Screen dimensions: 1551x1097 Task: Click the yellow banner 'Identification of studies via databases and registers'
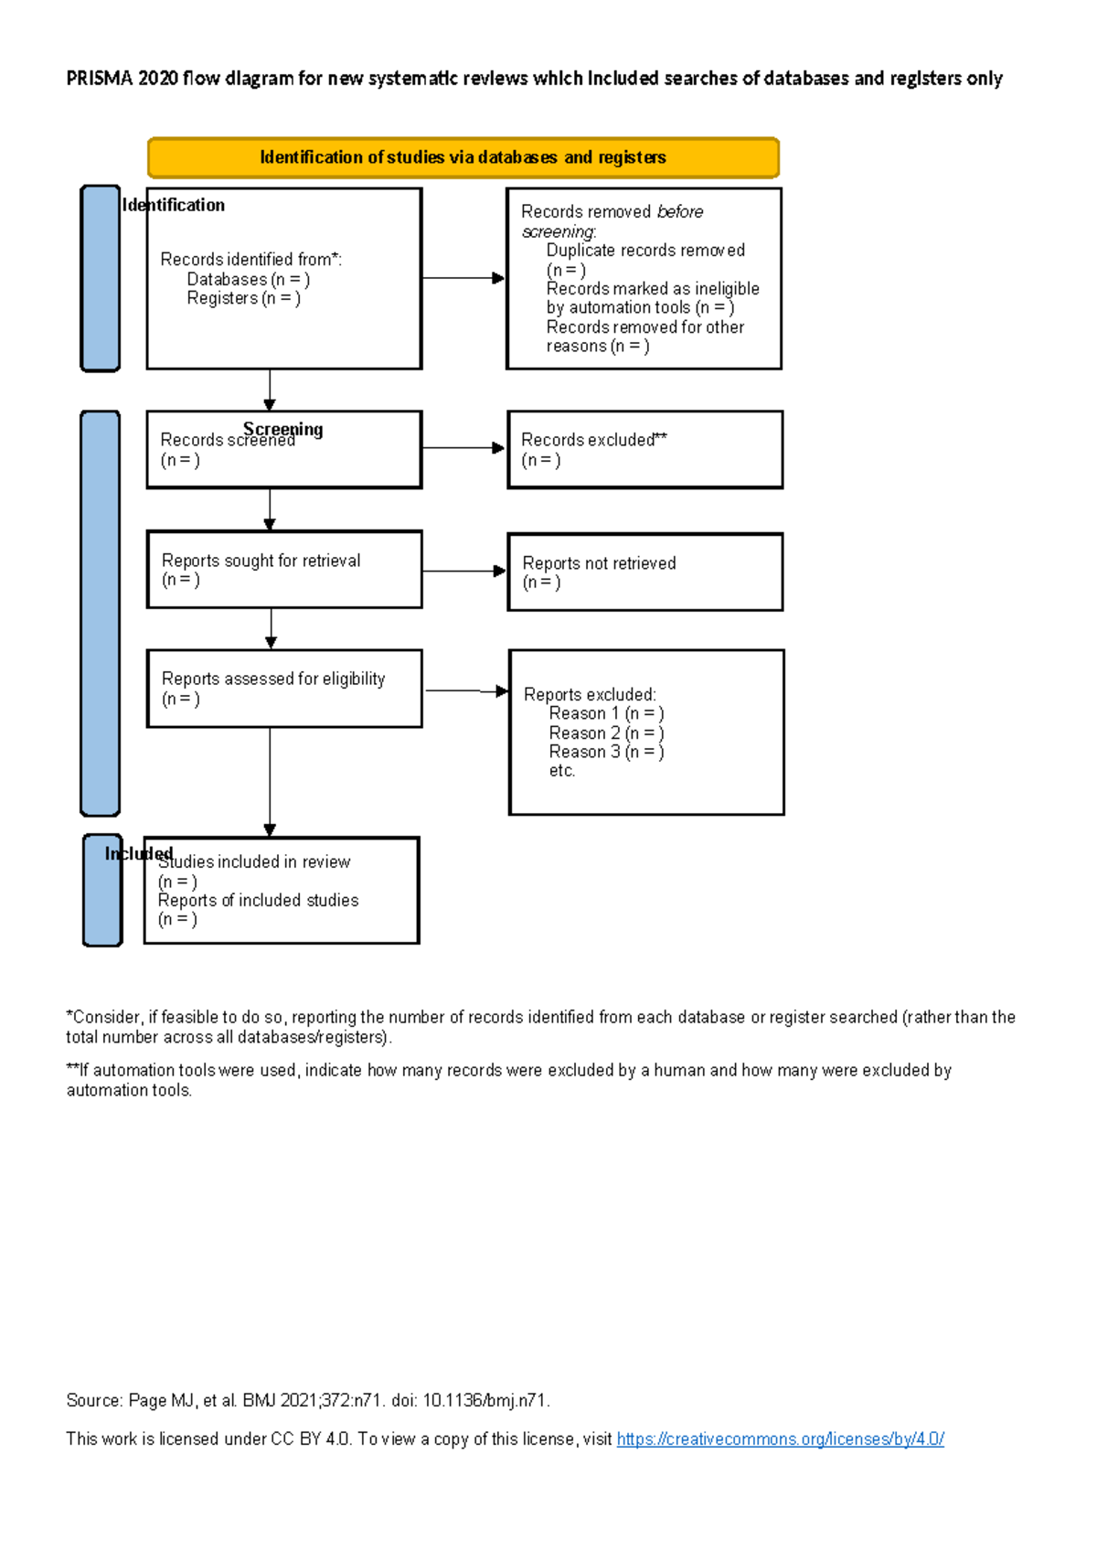(x=463, y=157)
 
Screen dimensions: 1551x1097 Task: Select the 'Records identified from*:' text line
(x=250, y=260)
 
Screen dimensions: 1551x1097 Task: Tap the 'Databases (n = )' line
(x=248, y=279)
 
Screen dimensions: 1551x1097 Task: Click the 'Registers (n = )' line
(x=243, y=298)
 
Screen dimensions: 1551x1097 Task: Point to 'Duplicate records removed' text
(x=645, y=251)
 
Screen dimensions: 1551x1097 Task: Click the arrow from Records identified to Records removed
(x=463, y=278)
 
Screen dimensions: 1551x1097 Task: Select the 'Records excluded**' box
(x=644, y=449)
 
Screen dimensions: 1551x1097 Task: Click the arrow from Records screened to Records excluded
(x=463, y=448)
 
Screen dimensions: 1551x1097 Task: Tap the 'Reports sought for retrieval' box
(x=284, y=569)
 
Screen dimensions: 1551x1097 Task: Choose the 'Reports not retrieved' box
(x=644, y=572)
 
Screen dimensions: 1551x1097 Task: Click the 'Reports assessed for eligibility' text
(x=272, y=679)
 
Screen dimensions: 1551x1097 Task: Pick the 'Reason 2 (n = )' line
(x=605, y=733)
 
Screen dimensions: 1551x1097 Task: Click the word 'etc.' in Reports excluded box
(x=562, y=771)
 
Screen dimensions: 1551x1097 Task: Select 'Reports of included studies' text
(x=258, y=901)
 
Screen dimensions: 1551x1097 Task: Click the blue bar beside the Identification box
(x=101, y=278)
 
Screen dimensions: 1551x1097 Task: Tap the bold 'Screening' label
(x=282, y=428)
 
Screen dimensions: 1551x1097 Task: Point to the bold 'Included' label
(x=137, y=853)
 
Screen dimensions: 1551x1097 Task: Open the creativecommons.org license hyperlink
(x=780, y=1439)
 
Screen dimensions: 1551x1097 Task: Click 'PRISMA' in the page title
(x=100, y=79)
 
